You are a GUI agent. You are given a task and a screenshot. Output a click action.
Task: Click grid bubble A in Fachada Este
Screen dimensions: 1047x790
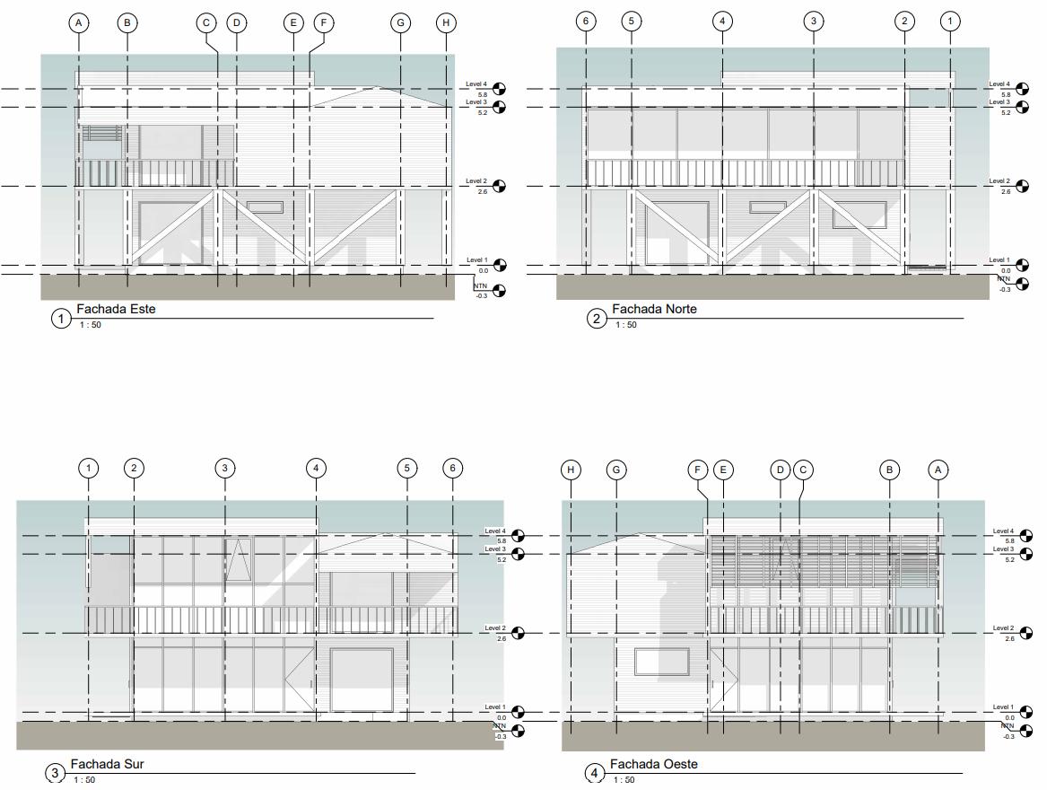tap(80, 22)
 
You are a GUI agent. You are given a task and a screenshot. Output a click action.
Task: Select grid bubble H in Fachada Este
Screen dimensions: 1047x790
tap(447, 22)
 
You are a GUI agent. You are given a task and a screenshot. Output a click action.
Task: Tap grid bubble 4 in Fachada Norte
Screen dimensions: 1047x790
tap(722, 21)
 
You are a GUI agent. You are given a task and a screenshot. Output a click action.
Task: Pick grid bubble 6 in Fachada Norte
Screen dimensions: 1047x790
tap(586, 21)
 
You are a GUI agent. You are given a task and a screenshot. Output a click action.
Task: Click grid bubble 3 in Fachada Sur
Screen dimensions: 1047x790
tap(224, 468)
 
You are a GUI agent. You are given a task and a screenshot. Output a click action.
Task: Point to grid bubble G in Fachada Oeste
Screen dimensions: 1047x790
tap(615, 470)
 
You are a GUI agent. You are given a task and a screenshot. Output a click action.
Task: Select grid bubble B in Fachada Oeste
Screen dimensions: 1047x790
tap(889, 470)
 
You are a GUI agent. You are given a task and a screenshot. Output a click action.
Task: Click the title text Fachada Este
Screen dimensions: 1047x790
tap(116, 309)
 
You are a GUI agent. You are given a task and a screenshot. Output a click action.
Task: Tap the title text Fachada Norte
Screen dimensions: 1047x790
tap(654, 309)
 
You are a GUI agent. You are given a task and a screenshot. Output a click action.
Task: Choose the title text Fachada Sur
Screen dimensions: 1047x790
tap(107, 764)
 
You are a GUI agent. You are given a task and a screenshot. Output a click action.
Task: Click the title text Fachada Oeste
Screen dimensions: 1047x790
tap(653, 764)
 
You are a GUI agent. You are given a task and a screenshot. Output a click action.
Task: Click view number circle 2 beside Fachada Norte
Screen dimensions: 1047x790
tap(597, 318)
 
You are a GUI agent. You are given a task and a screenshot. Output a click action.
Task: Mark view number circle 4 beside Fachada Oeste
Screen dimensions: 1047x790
tap(594, 773)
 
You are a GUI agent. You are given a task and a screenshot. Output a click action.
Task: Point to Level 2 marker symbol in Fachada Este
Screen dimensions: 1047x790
tap(499, 186)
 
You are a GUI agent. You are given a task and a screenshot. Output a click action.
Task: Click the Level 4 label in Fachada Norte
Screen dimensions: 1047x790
tap(999, 83)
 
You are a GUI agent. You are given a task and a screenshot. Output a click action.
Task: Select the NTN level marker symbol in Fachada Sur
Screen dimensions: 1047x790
tap(518, 731)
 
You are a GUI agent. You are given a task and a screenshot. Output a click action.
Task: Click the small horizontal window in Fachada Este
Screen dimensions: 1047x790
tap(265, 207)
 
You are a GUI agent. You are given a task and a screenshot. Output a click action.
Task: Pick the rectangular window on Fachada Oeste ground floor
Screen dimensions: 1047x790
tap(662, 662)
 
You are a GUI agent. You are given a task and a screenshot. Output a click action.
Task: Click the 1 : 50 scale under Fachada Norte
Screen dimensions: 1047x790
tap(625, 325)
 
